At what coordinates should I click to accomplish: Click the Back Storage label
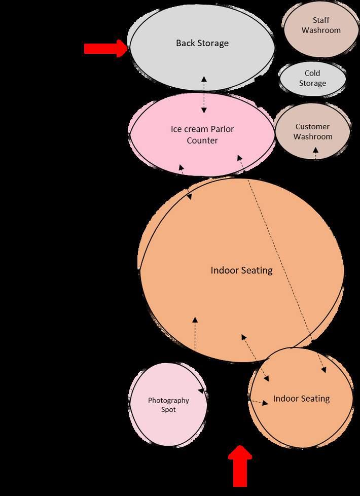coord(202,43)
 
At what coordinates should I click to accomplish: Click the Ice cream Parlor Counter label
coord(202,134)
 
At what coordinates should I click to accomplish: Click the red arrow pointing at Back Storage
coord(105,48)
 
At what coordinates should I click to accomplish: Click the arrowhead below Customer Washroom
coord(315,150)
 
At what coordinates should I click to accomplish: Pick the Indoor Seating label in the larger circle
coord(241,270)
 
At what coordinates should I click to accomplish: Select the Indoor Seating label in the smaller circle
coord(301,399)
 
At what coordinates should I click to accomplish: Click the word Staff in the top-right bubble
coord(321,20)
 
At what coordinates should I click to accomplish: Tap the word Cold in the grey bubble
coord(312,74)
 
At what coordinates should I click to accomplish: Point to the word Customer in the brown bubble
coord(312,126)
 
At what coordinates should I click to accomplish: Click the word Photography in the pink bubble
coord(168,400)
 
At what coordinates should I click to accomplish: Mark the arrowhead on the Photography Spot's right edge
coord(201,391)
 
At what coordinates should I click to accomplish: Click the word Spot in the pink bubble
coord(168,409)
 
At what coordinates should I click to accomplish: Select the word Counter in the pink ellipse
coord(202,140)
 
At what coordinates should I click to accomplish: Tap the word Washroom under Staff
coord(321,30)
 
